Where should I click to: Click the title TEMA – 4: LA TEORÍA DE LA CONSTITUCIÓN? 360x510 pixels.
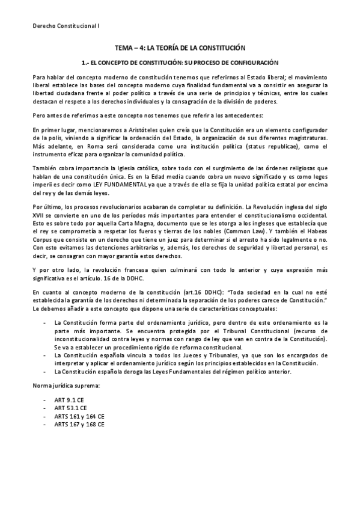(180, 48)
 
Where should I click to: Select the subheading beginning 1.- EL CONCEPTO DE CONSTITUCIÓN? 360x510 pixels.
(180, 62)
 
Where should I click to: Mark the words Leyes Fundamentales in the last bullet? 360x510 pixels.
(164, 372)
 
